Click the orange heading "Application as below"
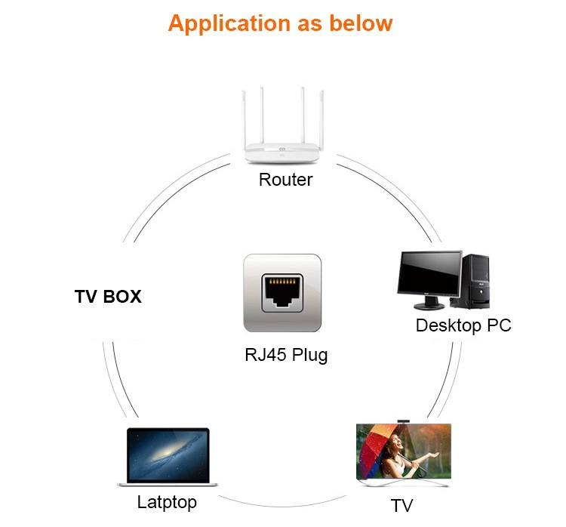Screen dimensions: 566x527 pos(281,24)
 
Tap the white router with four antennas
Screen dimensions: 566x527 pos(282,125)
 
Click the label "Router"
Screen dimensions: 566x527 pos(285,180)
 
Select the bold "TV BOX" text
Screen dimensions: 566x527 pos(108,297)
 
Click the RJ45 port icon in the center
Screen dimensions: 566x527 pos(282,293)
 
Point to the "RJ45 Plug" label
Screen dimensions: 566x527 pos(286,355)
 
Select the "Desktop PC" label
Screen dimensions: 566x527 pos(463,325)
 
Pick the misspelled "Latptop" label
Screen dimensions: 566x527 pos(167,502)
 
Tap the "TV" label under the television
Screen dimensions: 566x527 pos(401,505)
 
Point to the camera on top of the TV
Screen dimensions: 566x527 pos(404,421)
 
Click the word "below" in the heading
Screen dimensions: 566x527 pos(361,23)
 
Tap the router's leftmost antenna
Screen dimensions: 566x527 pos(245,120)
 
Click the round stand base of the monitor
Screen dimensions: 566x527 pos(429,307)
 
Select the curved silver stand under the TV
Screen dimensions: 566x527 pos(403,482)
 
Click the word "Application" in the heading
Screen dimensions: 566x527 pos(229,24)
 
